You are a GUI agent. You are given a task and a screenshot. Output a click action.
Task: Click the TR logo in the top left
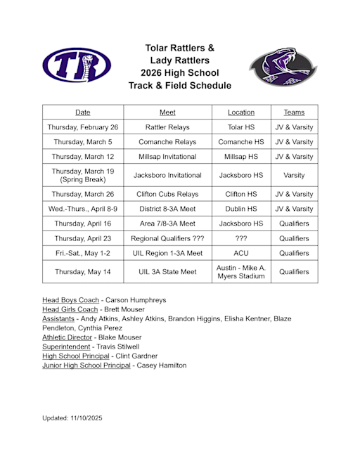[76, 65]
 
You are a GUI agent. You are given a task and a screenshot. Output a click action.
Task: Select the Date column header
[83, 112]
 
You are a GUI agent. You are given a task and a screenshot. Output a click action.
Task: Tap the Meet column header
[167, 112]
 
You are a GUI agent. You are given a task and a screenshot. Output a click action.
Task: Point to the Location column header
[241, 112]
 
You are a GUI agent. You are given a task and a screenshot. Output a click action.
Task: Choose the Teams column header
[294, 112]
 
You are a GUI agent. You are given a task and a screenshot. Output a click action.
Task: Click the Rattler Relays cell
[167, 127]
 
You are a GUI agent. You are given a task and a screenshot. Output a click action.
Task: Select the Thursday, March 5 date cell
[83, 142]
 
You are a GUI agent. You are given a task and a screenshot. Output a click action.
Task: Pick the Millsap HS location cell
[241, 157]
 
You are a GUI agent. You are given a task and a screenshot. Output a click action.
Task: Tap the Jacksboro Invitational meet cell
[167, 175]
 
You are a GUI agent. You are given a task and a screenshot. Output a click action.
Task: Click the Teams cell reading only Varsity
[294, 175]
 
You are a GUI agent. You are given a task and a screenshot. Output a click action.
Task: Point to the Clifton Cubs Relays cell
[167, 194]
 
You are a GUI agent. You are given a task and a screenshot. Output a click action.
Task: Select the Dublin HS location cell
[241, 209]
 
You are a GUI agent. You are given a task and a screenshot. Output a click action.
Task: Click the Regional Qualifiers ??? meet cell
[167, 238]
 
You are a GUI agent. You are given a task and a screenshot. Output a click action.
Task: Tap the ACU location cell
[241, 253]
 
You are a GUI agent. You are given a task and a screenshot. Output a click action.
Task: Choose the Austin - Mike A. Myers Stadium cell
[241, 272]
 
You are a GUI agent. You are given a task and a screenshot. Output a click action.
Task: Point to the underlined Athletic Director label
[71, 337]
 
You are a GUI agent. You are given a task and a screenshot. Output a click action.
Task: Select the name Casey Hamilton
[162, 365]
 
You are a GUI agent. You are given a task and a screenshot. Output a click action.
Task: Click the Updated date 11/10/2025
[86, 418]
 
